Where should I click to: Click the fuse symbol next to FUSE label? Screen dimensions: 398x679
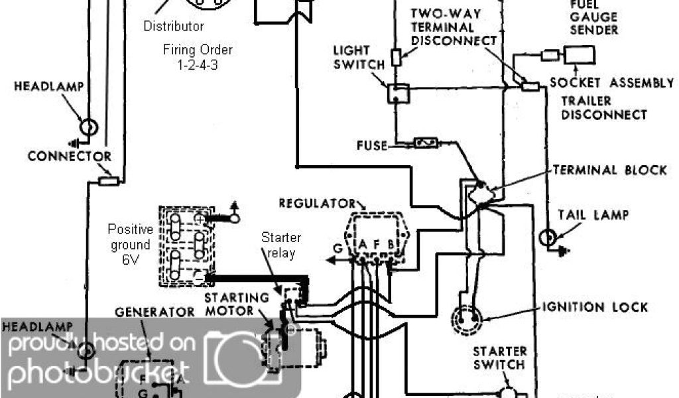(424, 143)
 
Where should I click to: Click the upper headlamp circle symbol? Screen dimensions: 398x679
(88, 126)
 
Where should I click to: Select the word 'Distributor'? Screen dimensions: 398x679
(174, 27)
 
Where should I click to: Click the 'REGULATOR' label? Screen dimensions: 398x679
(316, 202)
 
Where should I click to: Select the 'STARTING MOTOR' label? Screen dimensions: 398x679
(237, 303)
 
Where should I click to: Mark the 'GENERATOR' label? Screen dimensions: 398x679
(154, 312)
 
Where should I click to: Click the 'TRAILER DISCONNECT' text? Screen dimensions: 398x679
(603, 107)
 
